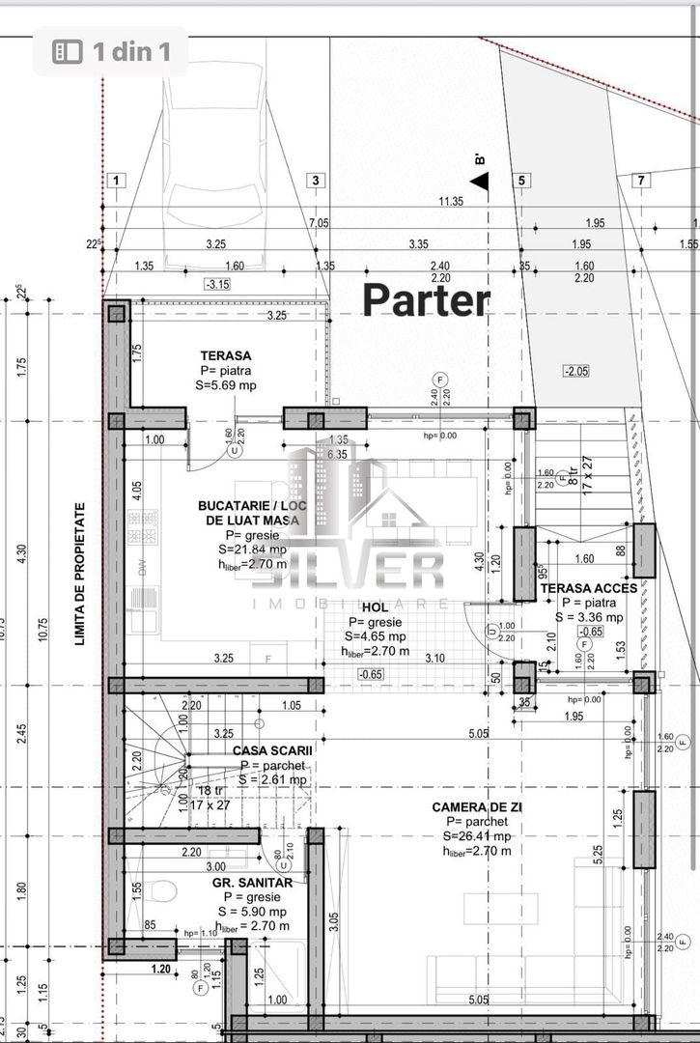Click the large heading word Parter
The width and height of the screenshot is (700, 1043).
(426, 300)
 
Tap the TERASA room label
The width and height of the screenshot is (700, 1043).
(225, 355)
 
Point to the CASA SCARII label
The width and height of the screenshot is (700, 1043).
(272, 748)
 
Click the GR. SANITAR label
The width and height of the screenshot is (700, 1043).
(252, 882)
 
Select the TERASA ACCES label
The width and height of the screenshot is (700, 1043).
(588, 588)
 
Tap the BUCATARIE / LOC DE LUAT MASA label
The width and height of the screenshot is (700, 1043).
(248, 512)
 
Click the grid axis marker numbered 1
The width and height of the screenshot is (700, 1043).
(116, 180)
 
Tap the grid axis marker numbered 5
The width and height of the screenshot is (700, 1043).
(521, 180)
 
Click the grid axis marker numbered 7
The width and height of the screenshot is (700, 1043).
(641, 180)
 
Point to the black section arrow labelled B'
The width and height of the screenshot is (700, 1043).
(479, 181)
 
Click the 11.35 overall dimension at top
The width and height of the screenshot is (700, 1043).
(451, 202)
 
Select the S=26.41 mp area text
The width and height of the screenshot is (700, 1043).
(477, 835)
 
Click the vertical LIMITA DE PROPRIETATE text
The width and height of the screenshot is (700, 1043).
(82, 574)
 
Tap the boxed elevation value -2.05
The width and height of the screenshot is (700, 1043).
(576, 371)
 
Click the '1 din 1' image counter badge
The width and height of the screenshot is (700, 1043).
(110, 51)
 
